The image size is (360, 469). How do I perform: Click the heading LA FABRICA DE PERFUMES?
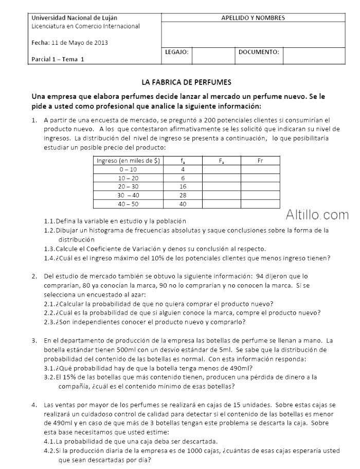pyautogui.click(x=187, y=82)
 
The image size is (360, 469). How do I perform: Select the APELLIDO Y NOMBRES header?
pyautogui.click(x=253, y=18)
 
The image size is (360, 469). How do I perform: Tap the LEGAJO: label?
pyautogui.click(x=177, y=52)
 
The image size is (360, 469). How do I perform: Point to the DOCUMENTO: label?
pyautogui.click(x=259, y=52)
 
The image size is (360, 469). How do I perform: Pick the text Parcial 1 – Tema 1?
pyautogui.click(x=58, y=59)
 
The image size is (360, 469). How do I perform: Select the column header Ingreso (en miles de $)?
pyautogui.click(x=128, y=161)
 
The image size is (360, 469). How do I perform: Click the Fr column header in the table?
pyautogui.click(x=260, y=161)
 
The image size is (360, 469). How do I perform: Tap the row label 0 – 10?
pyautogui.click(x=128, y=169)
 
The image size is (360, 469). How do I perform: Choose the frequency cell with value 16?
pyautogui.click(x=183, y=186)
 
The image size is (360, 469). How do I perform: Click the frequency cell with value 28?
pyautogui.click(x=183, y=195)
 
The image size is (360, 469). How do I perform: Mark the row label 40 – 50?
pyautogui.click(x=128, y=204)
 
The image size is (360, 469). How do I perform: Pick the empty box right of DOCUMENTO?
pyautogui.click(x=314, y=56)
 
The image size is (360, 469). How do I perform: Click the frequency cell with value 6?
pyautogui.click(x=183, y=178)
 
